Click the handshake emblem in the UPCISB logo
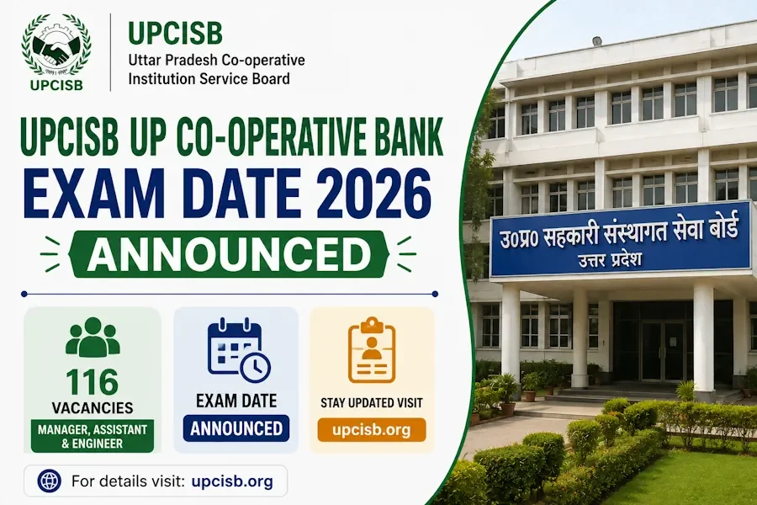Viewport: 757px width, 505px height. pos(55,51)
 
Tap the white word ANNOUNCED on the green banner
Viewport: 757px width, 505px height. pos(228,254)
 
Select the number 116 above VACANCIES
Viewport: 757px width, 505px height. pos(93,382)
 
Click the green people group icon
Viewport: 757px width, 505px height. pos(93,337)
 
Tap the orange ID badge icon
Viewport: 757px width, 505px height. pos(372,350)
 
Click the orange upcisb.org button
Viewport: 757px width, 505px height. pos(372,429)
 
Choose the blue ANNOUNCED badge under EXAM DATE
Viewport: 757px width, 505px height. pos(236,428)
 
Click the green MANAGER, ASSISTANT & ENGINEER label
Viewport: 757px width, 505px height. pos(93,436)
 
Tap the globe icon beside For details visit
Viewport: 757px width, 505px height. pos(50,481)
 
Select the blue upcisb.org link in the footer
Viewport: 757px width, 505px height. pos(232,481)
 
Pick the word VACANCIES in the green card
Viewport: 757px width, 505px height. pos(93,408)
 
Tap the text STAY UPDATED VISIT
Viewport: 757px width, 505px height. pos(371,402)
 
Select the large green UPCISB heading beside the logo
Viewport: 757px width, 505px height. pos(175,34)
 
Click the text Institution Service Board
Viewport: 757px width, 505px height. pos(209,78)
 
